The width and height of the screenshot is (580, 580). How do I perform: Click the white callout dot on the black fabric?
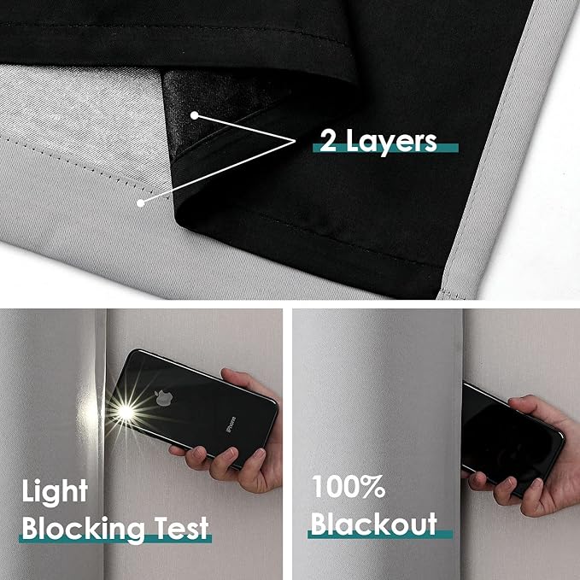(196, 114)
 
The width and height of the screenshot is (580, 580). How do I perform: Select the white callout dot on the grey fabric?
(139, 202)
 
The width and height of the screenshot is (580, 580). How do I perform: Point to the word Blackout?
(373, 523)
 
